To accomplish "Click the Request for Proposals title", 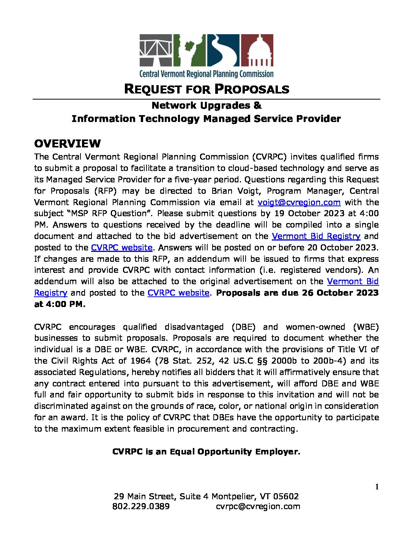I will pyautogui.click(x=206, y=89).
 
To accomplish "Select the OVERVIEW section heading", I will pyautogui.click(x=68, y=144).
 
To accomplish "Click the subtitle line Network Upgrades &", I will pyautogui.click(x=206, y=105).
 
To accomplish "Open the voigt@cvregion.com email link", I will pyautogui.click(x=299, y=202).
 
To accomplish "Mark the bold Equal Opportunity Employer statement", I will pyautogui.click(x=206, y=452).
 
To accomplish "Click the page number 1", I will pyautogui.click(x=377, y=487).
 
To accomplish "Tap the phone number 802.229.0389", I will pyautogui.click(x=141, y=507).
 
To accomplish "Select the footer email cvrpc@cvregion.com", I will pyautogui.click(x=258, y=507).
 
